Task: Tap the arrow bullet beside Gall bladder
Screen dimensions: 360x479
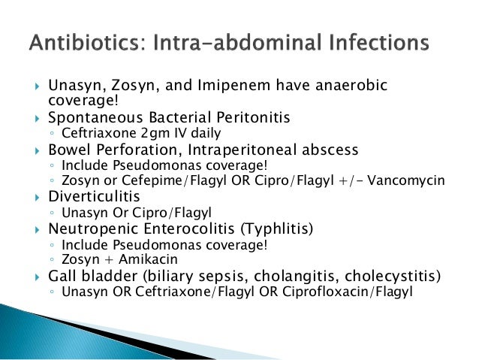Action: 33,275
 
